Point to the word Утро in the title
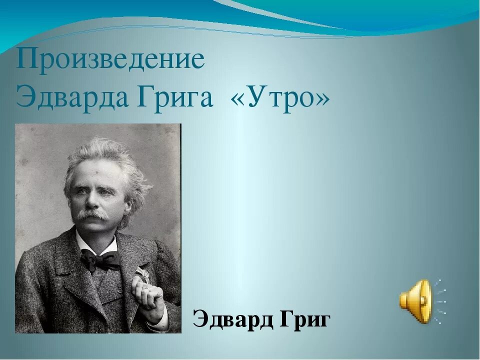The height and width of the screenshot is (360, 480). click(280, 95)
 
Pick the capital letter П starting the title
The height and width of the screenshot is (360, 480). click(25, 59)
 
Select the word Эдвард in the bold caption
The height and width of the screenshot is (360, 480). click(231, 319)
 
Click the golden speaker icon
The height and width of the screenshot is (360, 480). click(415, 301)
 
